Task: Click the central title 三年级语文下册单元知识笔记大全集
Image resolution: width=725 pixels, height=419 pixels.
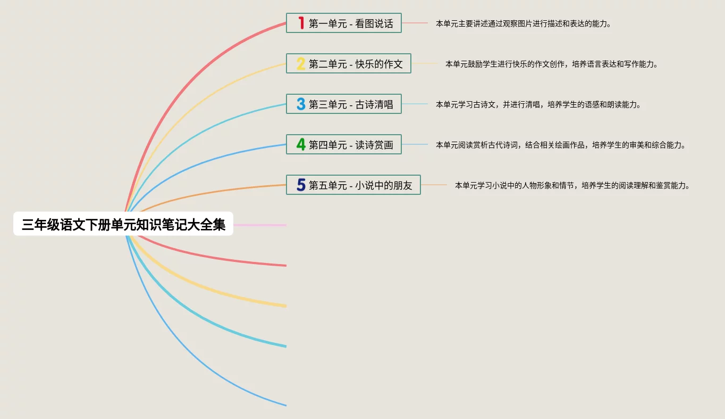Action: click(123, 225)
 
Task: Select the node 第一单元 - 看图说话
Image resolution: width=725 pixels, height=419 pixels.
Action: click(343, 23)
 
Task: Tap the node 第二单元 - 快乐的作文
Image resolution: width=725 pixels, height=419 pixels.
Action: click(348, 63)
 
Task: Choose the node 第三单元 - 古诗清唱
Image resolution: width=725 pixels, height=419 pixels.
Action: click(343, 104)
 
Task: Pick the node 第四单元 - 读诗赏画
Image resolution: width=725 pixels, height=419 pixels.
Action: click(343, 144)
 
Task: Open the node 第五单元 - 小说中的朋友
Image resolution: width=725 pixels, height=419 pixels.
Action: click(353, 185)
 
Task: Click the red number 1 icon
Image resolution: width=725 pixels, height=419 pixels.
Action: click(301, 23)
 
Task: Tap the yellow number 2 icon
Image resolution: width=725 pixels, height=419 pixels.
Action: click(301, 63)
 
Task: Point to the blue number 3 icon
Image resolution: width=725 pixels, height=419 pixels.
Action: click(301, 104)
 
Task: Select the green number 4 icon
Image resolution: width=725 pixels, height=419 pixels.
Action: click(301, 144)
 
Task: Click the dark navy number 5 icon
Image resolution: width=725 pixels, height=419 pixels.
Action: click(301, 185)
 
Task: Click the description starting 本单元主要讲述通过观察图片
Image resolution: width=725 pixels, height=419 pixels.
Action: click(523, 23)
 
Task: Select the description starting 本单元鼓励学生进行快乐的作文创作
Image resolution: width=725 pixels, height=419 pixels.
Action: click(552, 64)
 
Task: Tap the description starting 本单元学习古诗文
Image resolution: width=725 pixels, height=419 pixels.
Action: click(538, 104)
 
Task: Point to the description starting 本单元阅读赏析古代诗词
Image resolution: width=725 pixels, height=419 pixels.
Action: click(561, 145)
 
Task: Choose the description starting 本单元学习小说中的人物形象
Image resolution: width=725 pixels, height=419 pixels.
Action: click(572, 185)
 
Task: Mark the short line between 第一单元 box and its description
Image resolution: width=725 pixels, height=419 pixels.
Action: click(415, 23)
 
